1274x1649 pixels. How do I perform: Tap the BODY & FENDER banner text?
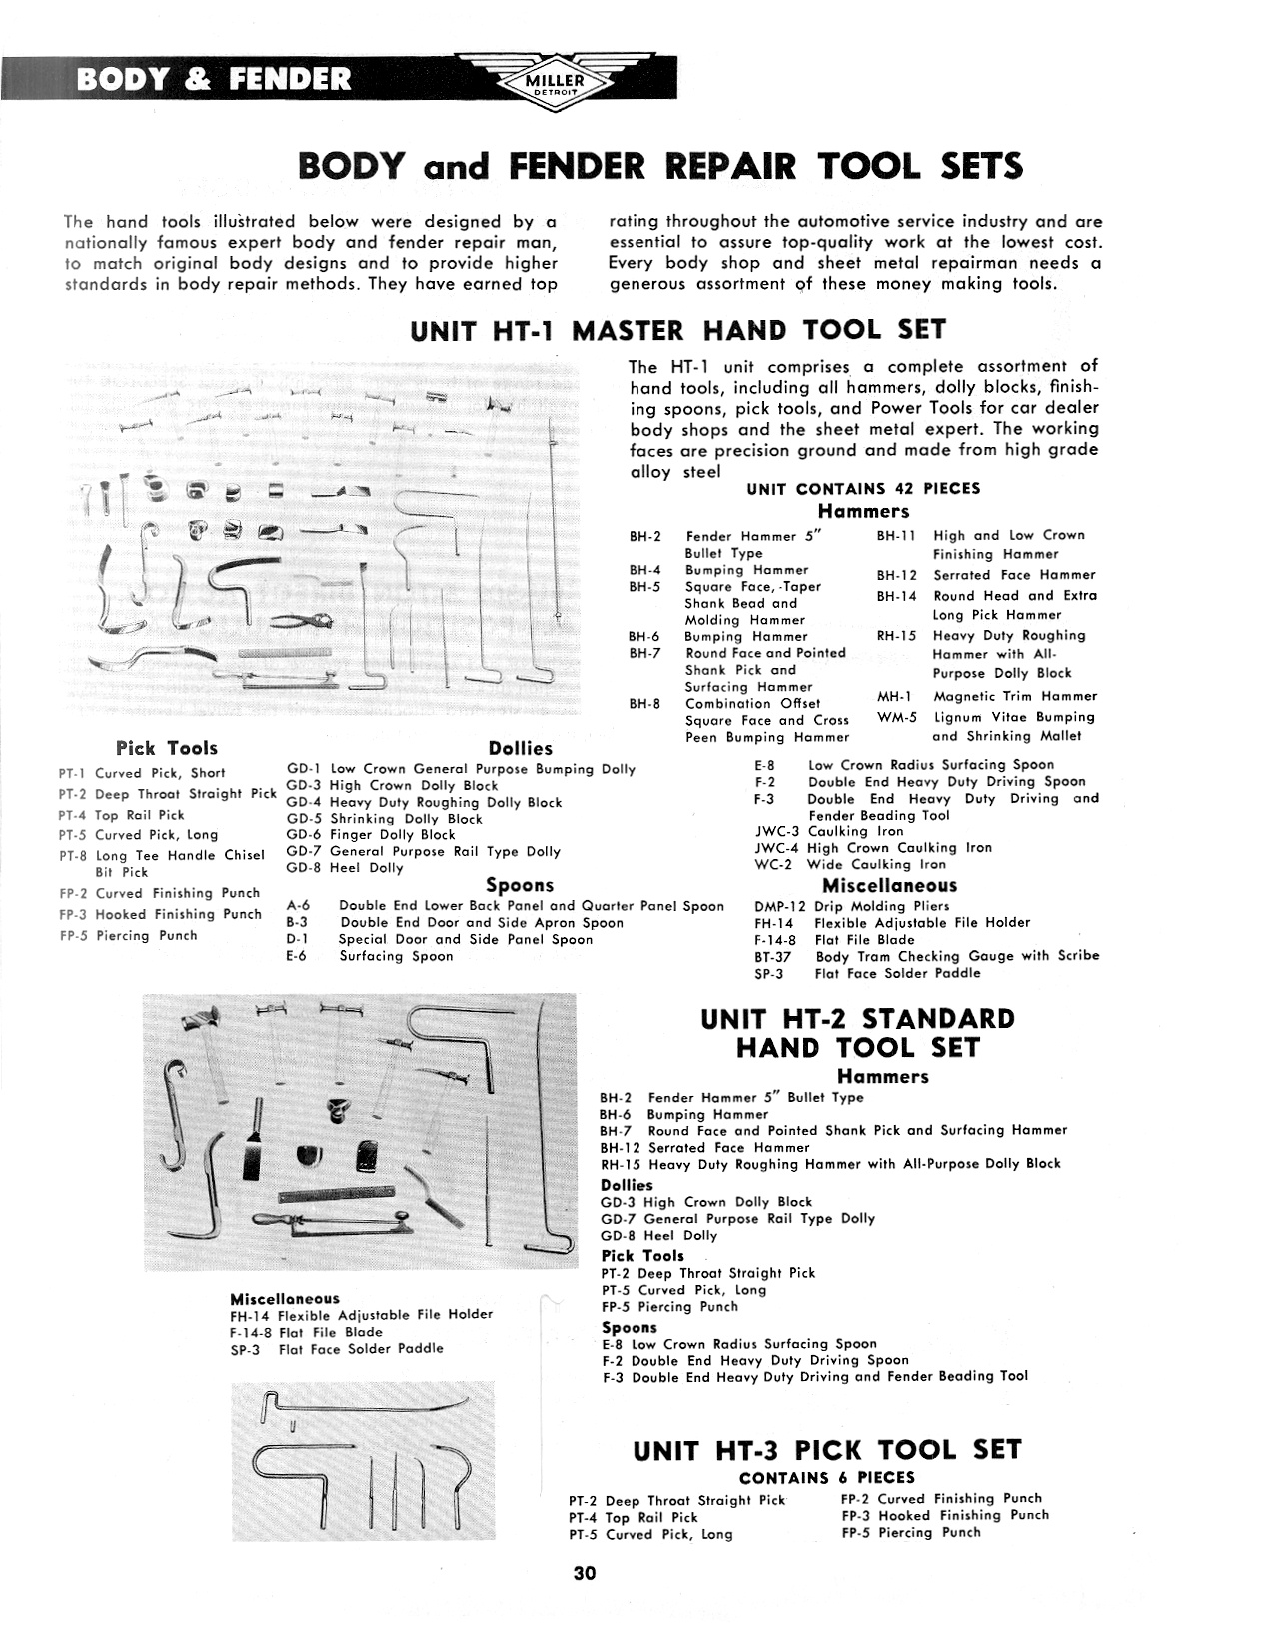click(x=214, y=79)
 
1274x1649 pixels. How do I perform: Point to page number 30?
click(x=585, y=1573)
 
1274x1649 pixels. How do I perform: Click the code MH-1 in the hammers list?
click(x=891, y=696)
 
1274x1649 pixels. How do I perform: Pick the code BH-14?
click(x=896, y=595)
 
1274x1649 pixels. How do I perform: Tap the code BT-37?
click(x=774, y=956)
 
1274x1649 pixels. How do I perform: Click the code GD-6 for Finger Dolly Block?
click(x=304, y=834)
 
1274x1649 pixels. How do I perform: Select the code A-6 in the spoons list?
click(x=298, y=906)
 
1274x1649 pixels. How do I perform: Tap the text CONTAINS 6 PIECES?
click(x=826, y=1477)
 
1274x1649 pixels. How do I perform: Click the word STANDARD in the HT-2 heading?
click(x=937, y=1019)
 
